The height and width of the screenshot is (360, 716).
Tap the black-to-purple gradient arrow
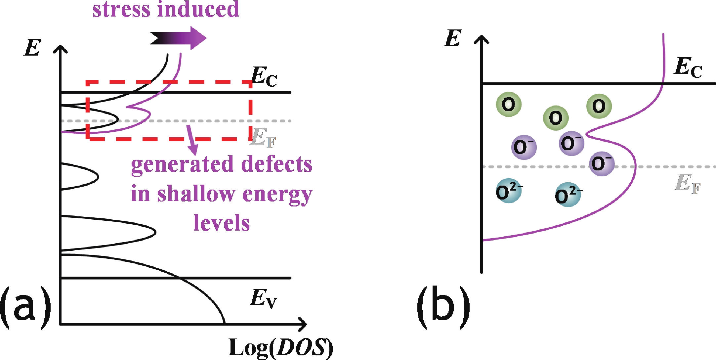click(x=179, y=38)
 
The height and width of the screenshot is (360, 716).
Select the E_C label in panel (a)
click(x=264, y=77)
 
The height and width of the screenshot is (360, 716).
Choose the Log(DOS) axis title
click(x=280, y=347)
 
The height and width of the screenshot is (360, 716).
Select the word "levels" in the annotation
click(x=222, y=223)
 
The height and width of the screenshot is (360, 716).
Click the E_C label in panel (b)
click(x=688, y=67)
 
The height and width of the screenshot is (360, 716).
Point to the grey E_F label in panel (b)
click(x=687, y=183)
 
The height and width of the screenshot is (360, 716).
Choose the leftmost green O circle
click(x=509, y=105)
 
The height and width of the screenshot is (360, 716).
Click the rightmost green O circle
click(x=599, y=106)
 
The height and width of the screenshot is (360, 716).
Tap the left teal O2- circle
click(x=509, y=191)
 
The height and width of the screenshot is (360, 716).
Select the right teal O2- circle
click(x=568, y=195)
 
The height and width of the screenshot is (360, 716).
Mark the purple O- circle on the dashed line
click(x=602, y=163)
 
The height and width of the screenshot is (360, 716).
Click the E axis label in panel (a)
click(x=33, y=48)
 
